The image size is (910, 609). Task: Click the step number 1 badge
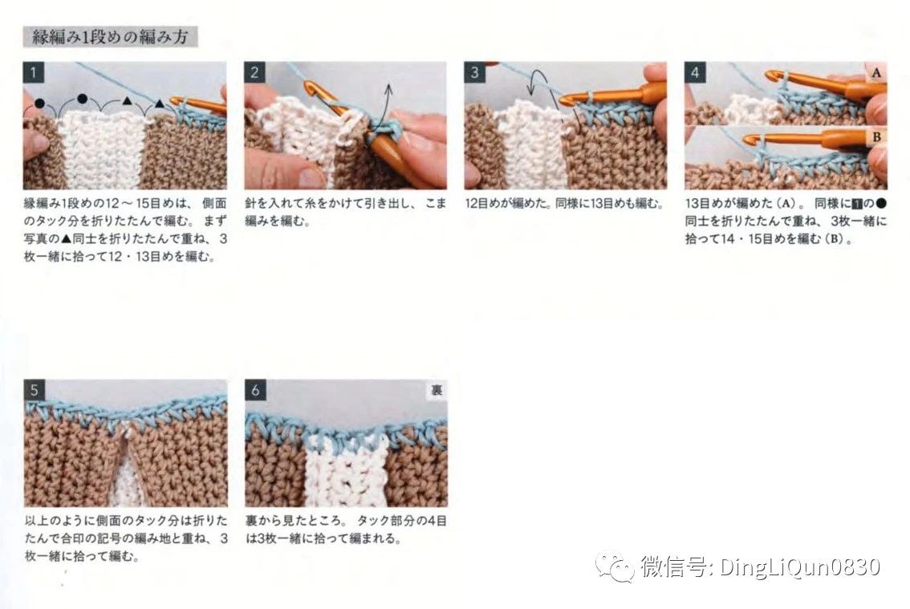coord(34,72)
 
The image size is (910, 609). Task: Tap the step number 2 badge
coord(254,72)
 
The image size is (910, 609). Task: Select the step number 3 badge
coord(475,72)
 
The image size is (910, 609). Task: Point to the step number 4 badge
coord(695,72)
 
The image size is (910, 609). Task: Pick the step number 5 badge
coord(35,390)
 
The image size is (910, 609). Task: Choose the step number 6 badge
coord(255,390)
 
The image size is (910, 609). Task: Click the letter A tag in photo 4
coord(876,72)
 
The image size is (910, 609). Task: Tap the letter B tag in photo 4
coord(876,137)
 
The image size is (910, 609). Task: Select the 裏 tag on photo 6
coord(437,390)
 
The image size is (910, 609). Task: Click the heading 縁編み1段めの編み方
coord(110,37)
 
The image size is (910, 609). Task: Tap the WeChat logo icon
coord(615,566)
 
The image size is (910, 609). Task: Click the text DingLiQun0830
coord(800,566)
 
